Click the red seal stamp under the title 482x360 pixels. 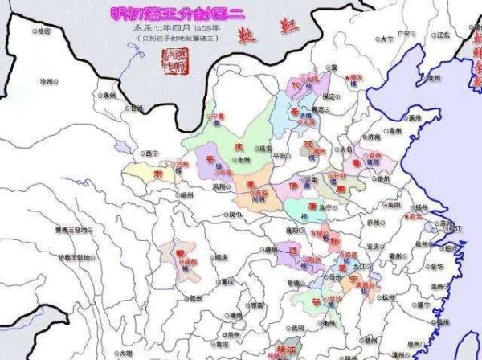click(x=170, y=59)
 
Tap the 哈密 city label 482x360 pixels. click(x=43, y=31)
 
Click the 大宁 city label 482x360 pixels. click(x=386, y=38)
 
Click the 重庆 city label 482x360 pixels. click(x=231, y=281)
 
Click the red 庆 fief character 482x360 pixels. click(x=238, y=148)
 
